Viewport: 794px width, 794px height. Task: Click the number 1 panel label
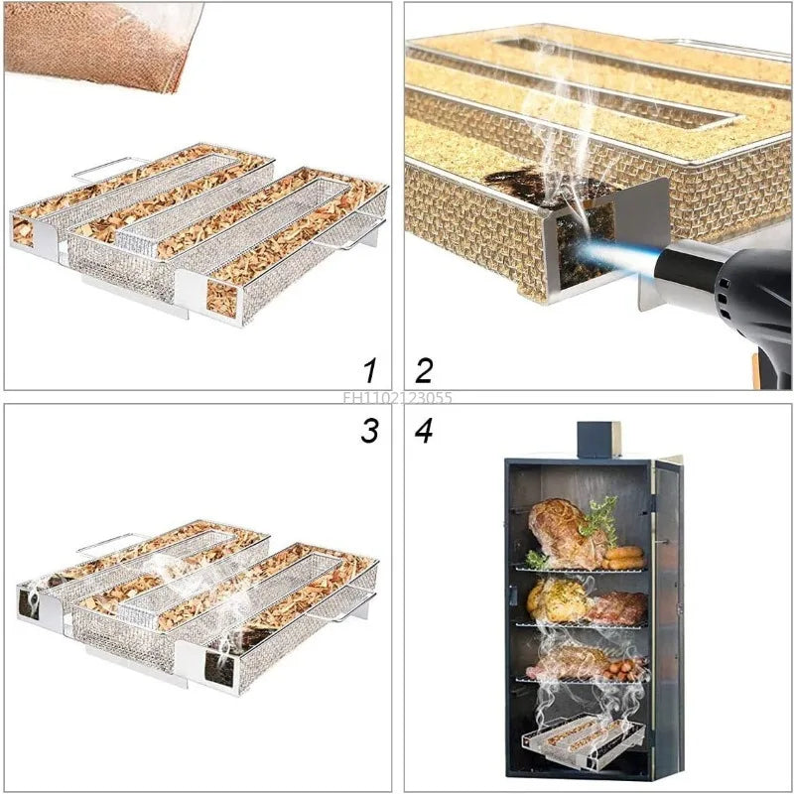[x=370, y=371]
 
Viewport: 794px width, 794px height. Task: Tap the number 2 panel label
[x=424, y=371]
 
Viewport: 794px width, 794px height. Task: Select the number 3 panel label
[x=370, y=431]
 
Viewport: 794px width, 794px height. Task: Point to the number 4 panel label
[x=425, y=431]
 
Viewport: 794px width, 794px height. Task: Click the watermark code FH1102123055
[x=397, y=399]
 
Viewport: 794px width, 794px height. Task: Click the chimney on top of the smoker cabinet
[x=598, y=439]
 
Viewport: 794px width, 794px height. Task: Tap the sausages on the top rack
[x=622, y=557]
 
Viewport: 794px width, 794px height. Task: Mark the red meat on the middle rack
[x=616, y=607]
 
